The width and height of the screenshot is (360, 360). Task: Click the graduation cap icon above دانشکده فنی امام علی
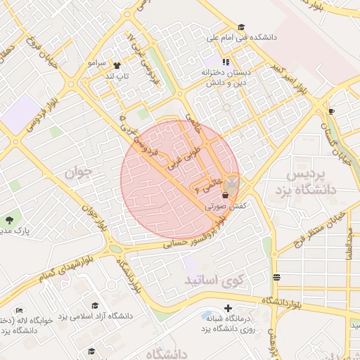click(241, 26)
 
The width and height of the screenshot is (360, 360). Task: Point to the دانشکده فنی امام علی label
click(241, 37)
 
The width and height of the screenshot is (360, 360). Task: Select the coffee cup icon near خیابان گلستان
click(331, 110)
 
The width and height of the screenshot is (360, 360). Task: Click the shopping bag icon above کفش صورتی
click(225, 196)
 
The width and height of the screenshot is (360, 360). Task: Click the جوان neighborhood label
click(79, 172)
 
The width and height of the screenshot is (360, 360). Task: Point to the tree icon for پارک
click(10, 219)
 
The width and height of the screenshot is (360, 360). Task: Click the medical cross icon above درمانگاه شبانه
click(228, 308)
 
